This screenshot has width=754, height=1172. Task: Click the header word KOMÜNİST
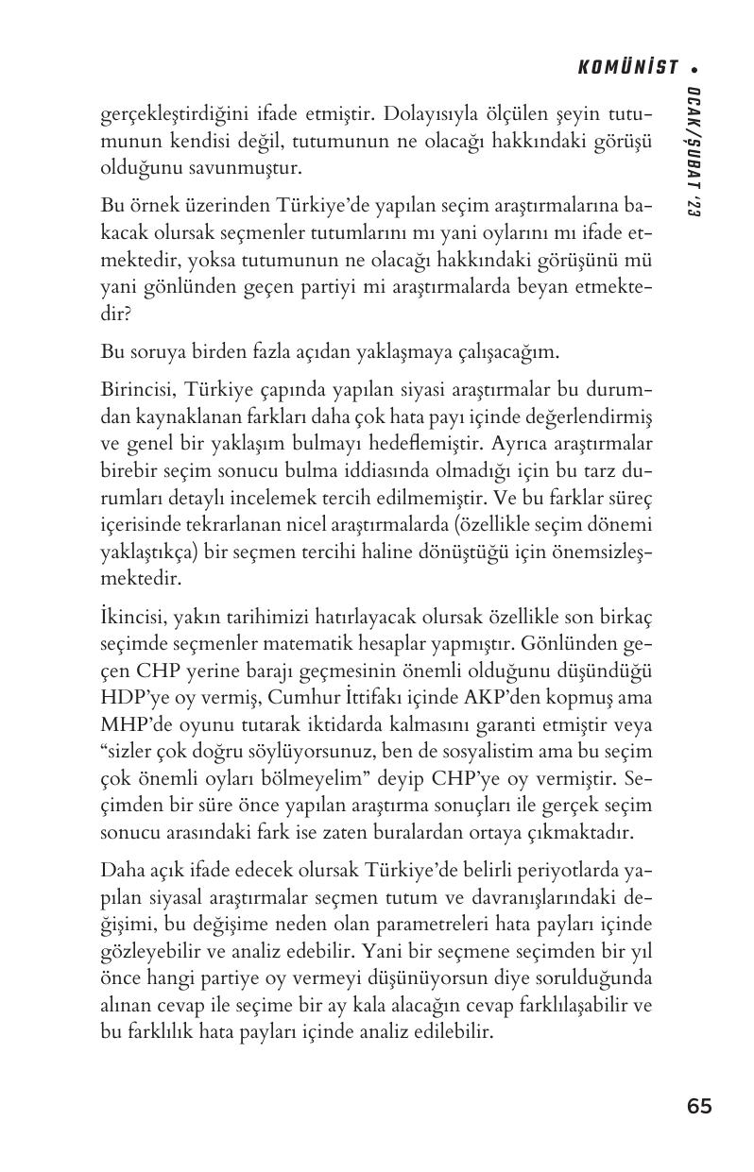click(x=628, y=67)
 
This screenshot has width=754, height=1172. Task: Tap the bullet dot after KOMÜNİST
click(x=694, y=68)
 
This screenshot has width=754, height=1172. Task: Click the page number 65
click(x=700, y=1107)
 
